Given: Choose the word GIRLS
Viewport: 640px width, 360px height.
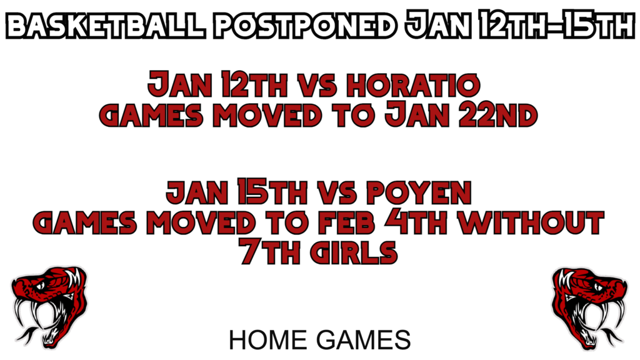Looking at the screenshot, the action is pos(354,252).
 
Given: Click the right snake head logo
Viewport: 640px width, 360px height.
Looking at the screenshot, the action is pos(590,307).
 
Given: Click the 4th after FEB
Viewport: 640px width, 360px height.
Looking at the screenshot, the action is pos(416,223).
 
